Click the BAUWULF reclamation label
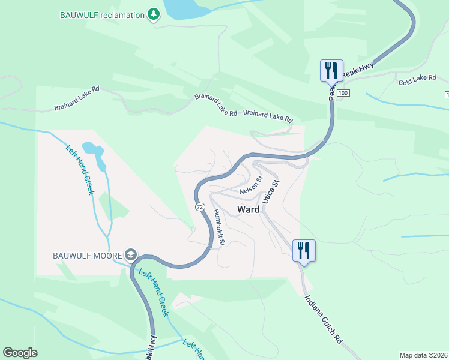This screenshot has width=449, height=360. click(102, 14)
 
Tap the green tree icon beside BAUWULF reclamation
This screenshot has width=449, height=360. click(154, 14)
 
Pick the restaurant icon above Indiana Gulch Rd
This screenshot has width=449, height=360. click(304, 250)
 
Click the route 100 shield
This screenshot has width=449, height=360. click(343, 94)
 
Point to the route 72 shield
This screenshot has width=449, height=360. click(198, 206)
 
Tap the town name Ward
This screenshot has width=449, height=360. click(249, 209)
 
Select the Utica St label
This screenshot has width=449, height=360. click(271, 190)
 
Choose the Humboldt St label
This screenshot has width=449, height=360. click(218, 227)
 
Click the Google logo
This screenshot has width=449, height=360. click(20, 353)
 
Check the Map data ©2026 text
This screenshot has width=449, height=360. click(423, 355)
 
